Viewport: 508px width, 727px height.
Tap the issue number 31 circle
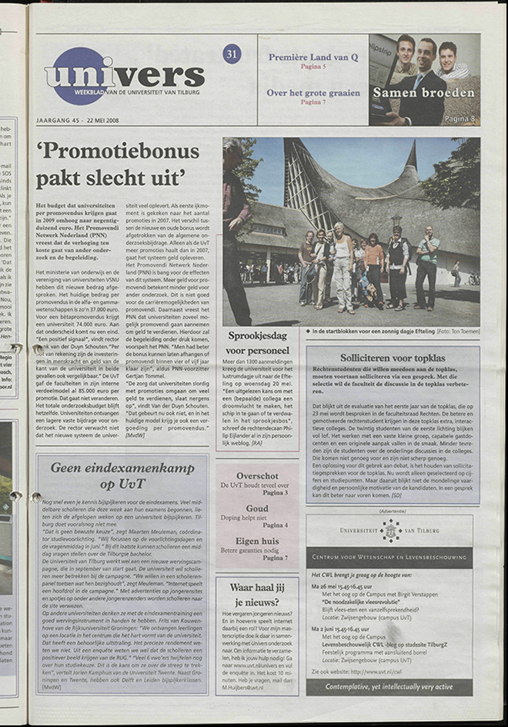click(232, 54)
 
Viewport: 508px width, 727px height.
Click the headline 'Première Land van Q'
click(313, 57)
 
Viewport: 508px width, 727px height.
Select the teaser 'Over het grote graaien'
click(313, 93)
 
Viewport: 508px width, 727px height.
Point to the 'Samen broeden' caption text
click(424, 93)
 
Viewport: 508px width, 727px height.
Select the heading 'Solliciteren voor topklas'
click(393, 358)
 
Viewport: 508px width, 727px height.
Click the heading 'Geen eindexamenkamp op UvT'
click(122, 475)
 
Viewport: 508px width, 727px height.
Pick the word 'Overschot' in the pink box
click(257, 476)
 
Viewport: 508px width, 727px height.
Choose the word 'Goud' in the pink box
click(257, 509)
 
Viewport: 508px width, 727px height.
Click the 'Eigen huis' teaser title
click(257, 541)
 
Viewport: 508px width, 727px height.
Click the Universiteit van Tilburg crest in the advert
click(391, 530)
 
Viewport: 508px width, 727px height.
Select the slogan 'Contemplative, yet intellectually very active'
click(389, 685)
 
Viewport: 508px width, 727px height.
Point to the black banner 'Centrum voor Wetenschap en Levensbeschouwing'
click(389, 556)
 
